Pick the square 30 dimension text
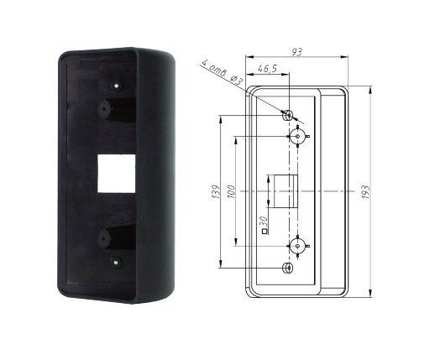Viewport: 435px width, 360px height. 265,225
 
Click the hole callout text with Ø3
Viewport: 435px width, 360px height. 223,72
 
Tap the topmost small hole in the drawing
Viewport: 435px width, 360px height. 289,115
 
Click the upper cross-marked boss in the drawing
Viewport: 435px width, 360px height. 296,136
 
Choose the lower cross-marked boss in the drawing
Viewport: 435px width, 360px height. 296,246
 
